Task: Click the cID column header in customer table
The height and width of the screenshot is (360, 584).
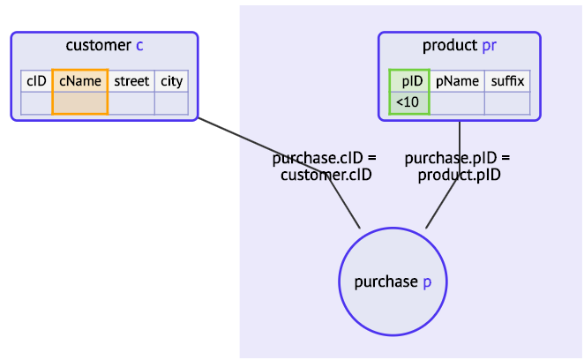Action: coord(36,81)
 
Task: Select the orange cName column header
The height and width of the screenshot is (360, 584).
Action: coord(80,81)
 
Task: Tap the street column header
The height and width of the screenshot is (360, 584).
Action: coord(131,81)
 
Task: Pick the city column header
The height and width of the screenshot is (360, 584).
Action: coord(171,81)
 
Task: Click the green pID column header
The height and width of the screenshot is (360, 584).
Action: coord(410,81)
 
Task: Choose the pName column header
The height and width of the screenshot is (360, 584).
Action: coord(457,81)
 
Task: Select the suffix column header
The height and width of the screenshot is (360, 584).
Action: coord(507,81)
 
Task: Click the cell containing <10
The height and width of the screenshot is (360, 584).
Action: coord(409,103)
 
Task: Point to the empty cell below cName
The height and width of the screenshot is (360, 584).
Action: coord(80,103)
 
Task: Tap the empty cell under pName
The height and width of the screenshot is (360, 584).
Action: coord(457,103)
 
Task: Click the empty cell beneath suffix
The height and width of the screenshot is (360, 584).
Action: coord(507,103)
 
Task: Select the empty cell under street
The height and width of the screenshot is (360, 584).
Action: coord(131,103)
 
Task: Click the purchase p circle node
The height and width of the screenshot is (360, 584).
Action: coord(393,281)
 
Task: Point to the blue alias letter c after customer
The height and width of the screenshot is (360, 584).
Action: coord(139,46)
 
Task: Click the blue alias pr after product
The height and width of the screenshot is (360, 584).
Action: coord(489,46)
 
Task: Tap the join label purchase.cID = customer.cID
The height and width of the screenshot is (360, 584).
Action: coord(325,167)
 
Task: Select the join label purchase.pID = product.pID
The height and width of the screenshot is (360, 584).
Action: coord(458,167)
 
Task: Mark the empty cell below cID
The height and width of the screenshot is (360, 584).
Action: coord(36,103)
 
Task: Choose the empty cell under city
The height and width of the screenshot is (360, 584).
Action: coord(171,103)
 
